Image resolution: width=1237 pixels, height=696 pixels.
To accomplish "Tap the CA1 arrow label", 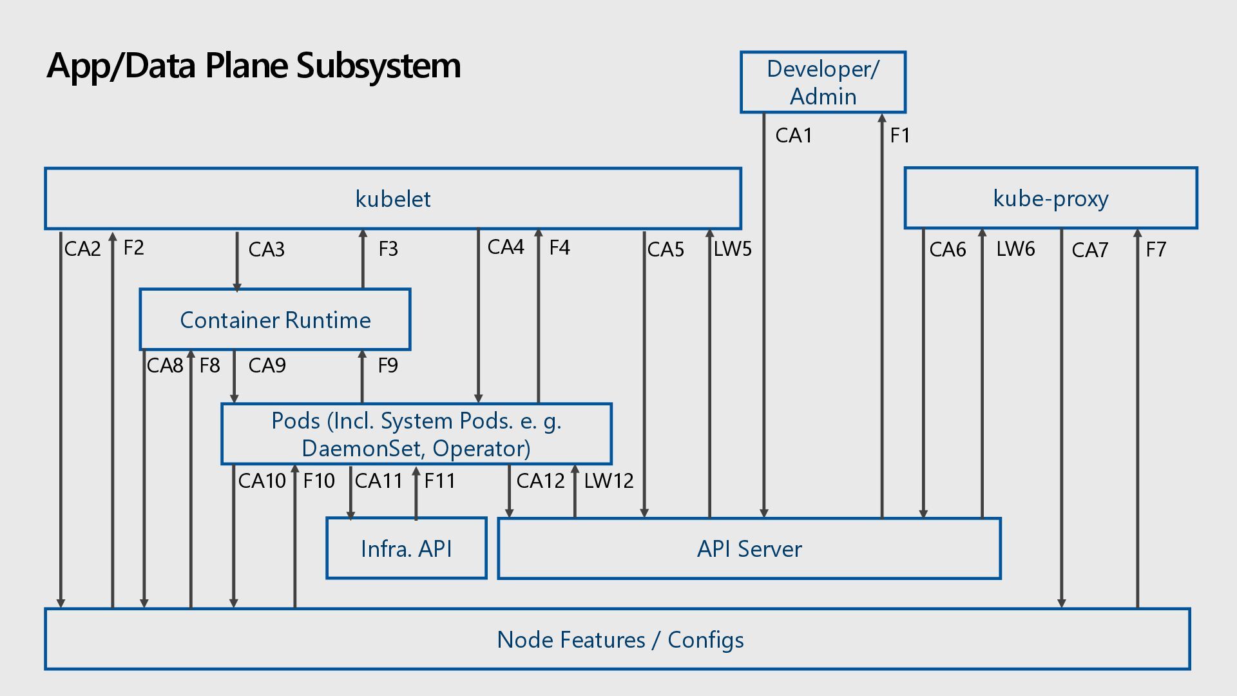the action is click(x=794, y=136).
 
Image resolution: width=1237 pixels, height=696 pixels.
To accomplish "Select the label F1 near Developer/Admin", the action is click(x=900, y=136).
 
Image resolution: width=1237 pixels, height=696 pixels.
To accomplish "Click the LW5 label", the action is click(x=733, y=249).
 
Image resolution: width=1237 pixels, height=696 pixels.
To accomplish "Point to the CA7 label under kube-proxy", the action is click(x=1090, y=250).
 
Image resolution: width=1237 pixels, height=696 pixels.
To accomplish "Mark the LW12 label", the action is click(x=609, y=481).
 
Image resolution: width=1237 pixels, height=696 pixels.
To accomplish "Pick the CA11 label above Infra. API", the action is click(x=379, y=481).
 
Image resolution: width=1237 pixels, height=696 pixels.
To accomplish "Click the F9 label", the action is click(x=388, y=366).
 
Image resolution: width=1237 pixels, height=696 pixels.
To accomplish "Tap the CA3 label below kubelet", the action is click(x=267, y=250).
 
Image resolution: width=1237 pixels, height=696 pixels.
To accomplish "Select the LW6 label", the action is click(x=1015, y=249).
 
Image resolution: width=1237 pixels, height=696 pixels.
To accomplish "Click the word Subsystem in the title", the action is click(x=378, y=66).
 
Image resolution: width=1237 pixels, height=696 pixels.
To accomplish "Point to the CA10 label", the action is click(x=262, y=481).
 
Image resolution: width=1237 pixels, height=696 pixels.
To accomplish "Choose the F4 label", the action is click(x=560, y=247).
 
